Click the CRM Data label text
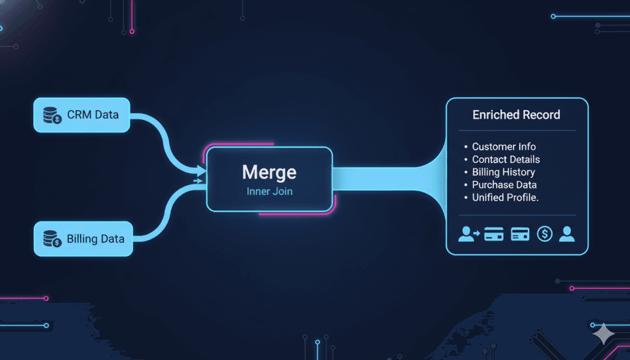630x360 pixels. tap(93, 115)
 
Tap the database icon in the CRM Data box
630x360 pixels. tap(52, 115)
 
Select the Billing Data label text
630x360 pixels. tap(95, 239)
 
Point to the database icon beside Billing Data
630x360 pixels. tap(52, 239)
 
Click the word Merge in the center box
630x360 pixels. tap(269, 172)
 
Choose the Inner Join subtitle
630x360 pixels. tap(269, 191)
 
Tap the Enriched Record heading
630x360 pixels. tap(516, 115)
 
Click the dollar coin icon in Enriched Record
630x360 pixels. tap(544, 234)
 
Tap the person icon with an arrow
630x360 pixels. tap(469, 234)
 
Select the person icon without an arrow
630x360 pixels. tap(567, 234)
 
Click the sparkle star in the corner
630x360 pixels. tap(604, 334)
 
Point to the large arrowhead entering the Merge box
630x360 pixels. tap(201, 172)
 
